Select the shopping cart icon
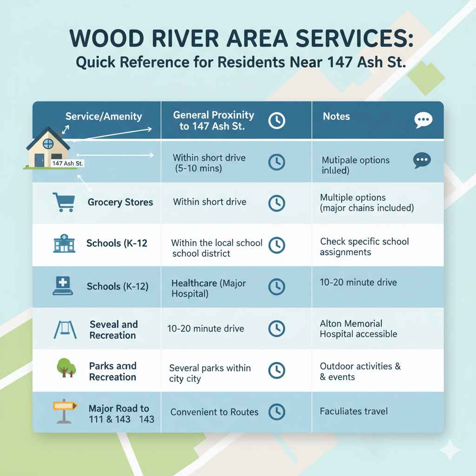coord(64,202)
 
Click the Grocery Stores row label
coord(120,202)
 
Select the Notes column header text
coord(336,116)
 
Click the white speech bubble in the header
coord(423,120)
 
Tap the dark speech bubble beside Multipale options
coord(422,160)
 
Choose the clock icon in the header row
coord(277,121)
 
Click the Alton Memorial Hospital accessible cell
coord(358,329)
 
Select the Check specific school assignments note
coord(364,247)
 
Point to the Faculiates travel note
coord(354,411)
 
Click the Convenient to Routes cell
coord(214,412)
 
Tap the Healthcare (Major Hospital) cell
coord(209,288)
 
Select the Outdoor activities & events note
coord(360,371)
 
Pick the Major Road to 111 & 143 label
coord(121,414)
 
